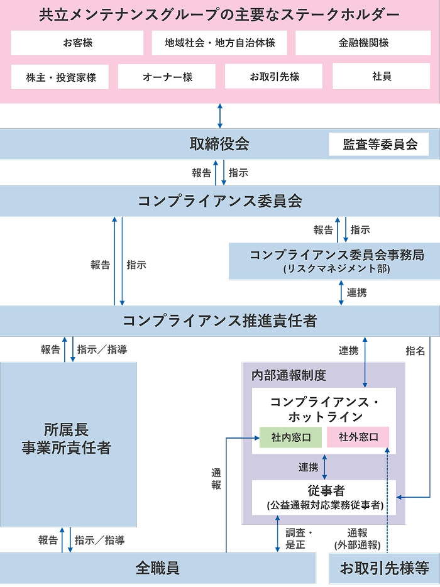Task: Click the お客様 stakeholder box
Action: click(77, 43)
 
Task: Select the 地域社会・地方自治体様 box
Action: click(220, 43)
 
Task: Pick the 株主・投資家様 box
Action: click(60, 77)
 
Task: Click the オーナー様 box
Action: click(167, 77)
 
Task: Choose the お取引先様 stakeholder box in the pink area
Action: click(274, 77)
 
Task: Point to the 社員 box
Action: click(382, 76)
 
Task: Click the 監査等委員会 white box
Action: click(380, 144)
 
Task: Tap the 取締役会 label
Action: click(219, 144)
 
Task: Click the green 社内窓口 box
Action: click(290, 437)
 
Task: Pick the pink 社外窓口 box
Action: click(358, 437)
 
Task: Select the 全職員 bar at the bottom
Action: click(157, 568)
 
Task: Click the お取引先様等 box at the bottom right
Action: click(384, 568)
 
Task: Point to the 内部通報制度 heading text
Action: click(289, 375)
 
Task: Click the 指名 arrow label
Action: click(415, 351)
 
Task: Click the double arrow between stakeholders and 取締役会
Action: click(219, 116)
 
